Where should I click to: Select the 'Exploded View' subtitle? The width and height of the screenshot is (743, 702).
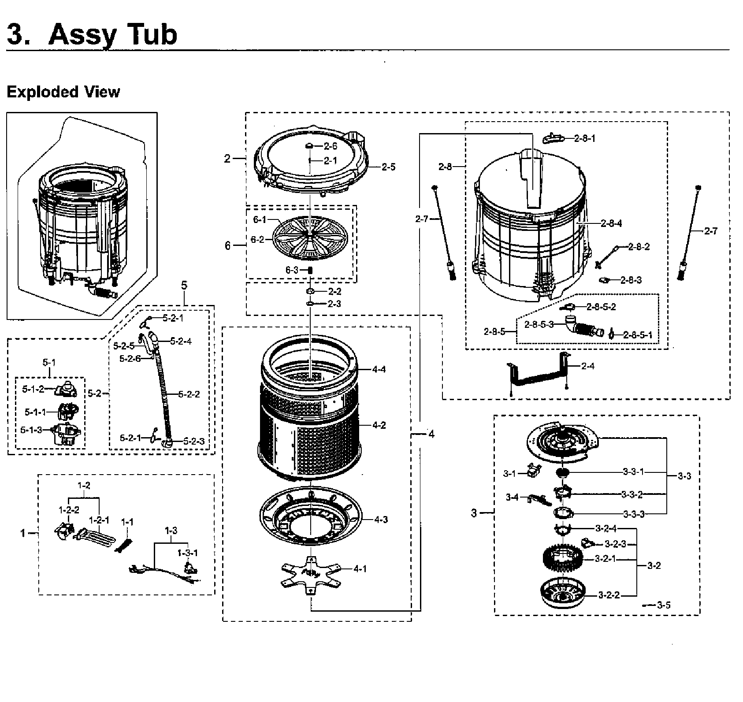pyautogui.click(x=63, y=92)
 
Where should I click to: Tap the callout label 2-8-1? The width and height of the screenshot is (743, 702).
pyautogui.click(x=585, y=138)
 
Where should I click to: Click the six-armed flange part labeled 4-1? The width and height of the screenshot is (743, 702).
pyautogui.click(x=311, y=572)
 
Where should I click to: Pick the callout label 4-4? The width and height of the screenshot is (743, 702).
pyautogui.click(x=379, y=369)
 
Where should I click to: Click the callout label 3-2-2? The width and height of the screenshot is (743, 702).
pyautogui.click(x=609, y=595)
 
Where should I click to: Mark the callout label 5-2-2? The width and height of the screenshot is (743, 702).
pyautogui.click(x=189, y=394)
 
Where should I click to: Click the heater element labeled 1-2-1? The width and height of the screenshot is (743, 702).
pyautogui.click(x=94, y=535)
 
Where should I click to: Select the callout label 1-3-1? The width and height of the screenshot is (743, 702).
pyautogui.click(x=188, y=553)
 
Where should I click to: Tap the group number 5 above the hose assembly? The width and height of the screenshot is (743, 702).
pyautogui.click(x=184, y=285)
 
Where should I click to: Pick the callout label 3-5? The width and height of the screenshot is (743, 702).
pyautogui.click(x=663, y=605)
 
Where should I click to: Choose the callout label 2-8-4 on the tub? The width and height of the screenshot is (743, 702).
pyautogui.click(x=611, y=223)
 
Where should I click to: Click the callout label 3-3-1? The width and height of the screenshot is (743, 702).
pyautogui.click(x=633, y=472)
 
